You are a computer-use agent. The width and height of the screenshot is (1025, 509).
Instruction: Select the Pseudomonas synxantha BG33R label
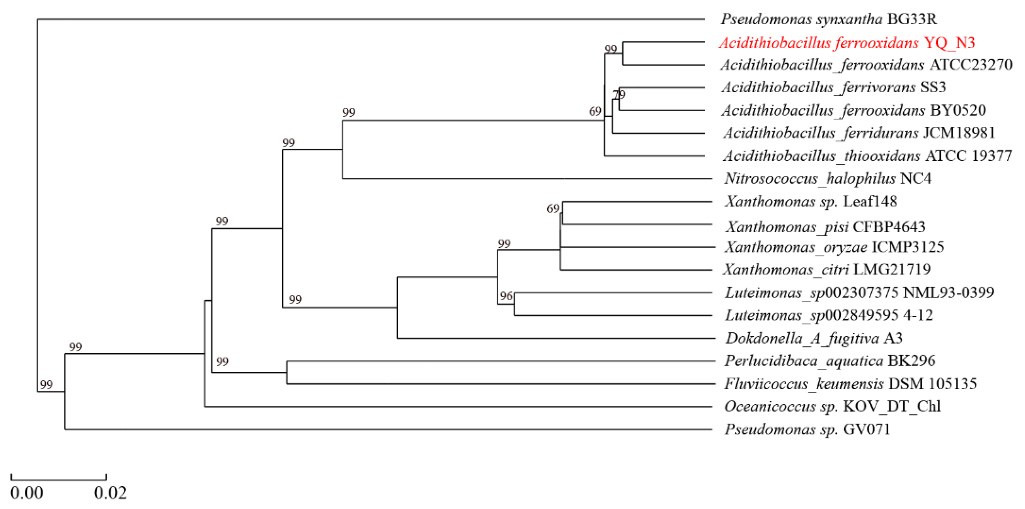tap(829, 19)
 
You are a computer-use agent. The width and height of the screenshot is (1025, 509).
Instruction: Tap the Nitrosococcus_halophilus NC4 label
tap(828, 179)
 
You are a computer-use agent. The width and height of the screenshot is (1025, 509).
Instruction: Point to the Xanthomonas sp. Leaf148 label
tap(810, 201)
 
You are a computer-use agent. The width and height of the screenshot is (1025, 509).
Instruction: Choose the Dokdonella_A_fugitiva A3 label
tap(814, 338)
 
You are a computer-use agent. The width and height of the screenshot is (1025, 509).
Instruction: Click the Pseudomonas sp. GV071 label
tap(807, 429)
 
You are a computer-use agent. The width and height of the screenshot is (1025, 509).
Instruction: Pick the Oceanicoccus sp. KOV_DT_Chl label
tap(832, 406)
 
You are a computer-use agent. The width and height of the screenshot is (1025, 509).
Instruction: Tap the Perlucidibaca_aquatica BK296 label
tap(829, 361)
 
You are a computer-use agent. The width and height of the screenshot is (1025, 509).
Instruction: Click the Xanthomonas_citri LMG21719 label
tap(827, 269)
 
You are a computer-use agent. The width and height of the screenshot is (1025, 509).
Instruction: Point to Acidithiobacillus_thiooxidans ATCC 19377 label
tap(867, 156)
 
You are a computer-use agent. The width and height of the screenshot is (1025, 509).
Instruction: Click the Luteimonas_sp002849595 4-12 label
tap(829, 316)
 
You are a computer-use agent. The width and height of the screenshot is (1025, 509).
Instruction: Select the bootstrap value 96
tap(506, 296)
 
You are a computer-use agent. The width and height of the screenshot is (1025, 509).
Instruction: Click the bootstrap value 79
tap(619, 94)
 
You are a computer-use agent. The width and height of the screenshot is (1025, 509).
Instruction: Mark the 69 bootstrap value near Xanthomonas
tap(553, 208)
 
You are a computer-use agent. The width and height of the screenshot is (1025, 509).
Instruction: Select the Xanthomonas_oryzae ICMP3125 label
tap(834, 247)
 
